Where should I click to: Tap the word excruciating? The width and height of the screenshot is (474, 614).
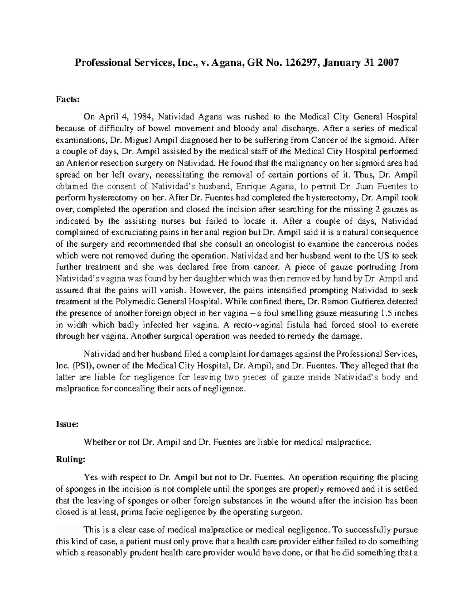tap(134, 232)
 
